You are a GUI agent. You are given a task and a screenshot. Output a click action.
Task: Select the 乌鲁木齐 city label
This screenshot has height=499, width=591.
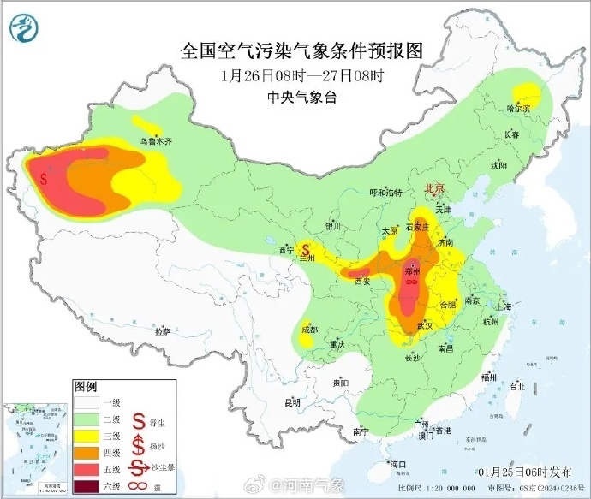coord(155,140)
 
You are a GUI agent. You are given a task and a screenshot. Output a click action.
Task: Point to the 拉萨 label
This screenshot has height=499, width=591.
coord(162,330)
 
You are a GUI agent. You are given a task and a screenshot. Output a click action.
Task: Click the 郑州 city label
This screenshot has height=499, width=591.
coord(411,270)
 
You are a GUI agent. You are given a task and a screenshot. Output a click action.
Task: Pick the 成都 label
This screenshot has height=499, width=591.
coord(309,329)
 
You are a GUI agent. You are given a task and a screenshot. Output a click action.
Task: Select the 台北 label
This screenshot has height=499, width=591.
coord(516,387)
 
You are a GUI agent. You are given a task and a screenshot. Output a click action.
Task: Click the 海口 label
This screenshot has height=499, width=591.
coord(397,463)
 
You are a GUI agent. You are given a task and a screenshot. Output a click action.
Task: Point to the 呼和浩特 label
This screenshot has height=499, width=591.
coord(385,193)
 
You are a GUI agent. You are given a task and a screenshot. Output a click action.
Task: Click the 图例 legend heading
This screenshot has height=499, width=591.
coord(87,386)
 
